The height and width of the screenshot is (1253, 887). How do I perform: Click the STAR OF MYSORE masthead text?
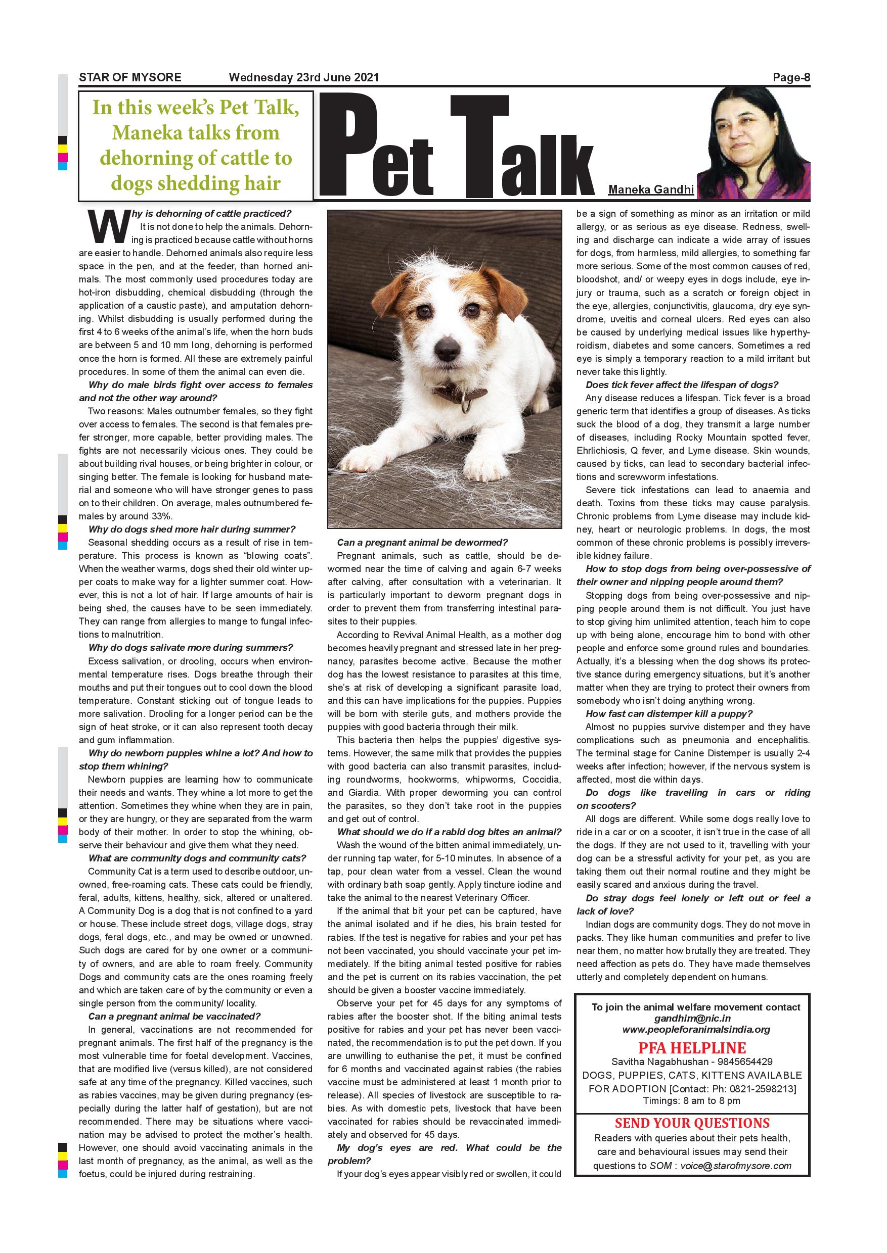(130, 77)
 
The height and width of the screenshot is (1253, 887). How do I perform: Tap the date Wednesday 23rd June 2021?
(304, 77)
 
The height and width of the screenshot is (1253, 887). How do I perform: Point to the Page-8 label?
(791, 77)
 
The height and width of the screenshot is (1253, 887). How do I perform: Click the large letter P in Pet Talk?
(354, 146)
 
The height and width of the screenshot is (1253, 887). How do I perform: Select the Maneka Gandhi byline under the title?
(650, 190)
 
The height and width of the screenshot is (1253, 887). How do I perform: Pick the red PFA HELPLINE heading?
(692, 1048)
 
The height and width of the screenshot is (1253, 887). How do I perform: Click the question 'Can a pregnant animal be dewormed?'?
(422, 543)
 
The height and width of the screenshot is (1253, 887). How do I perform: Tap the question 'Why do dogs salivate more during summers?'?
(191, 648)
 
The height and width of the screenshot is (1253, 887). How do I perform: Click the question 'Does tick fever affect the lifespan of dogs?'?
(682, 384)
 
